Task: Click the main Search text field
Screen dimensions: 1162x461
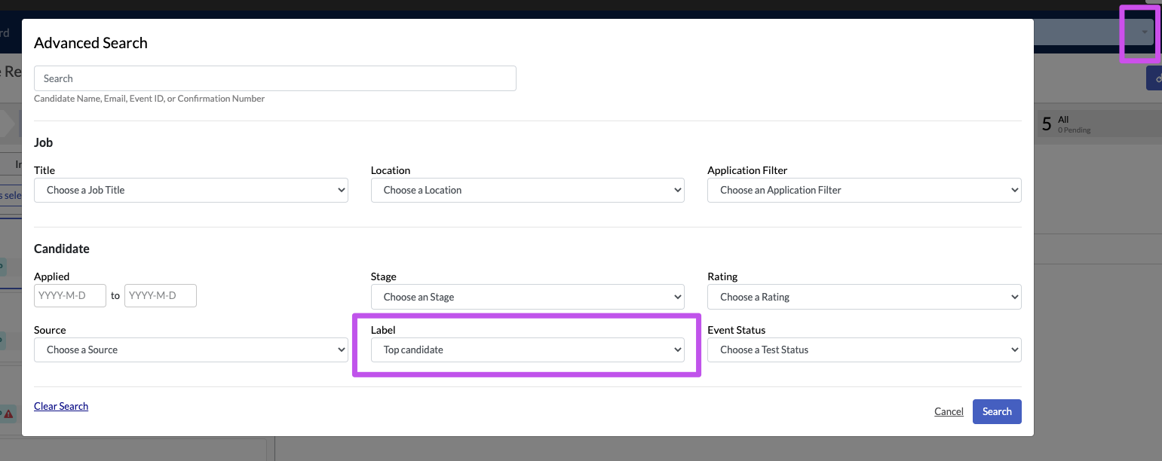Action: tap(275, 78)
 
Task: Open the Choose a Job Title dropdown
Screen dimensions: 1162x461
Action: tap(191, 190)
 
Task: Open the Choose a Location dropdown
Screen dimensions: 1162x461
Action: tap(528, 190)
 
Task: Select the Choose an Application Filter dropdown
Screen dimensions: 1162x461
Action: tap(864, 190)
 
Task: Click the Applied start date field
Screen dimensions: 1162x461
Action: tap(70, 296)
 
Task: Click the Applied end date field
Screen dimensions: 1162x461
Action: tap(161, 296)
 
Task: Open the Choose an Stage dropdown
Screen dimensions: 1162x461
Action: tap(528, 297)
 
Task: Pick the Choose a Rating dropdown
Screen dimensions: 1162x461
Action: tap(864, 297)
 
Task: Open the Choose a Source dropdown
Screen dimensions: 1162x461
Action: tap(191, 350)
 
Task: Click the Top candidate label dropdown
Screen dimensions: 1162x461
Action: tap(528, 350)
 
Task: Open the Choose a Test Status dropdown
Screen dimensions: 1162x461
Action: tap(864, 350)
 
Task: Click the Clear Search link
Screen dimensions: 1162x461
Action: tap(61, 406)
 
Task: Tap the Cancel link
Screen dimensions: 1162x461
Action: tap(949, 411)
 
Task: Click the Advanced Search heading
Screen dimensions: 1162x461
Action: tap(90, 42)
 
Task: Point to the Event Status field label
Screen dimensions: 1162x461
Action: tap(736, 330)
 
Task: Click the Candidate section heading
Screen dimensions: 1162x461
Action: tap(62, 249)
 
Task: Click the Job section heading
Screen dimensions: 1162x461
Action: tap(44, 142)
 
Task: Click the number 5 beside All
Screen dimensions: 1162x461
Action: tap(1047, 124)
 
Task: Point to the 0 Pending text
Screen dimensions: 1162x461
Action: tap(1074, 130)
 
